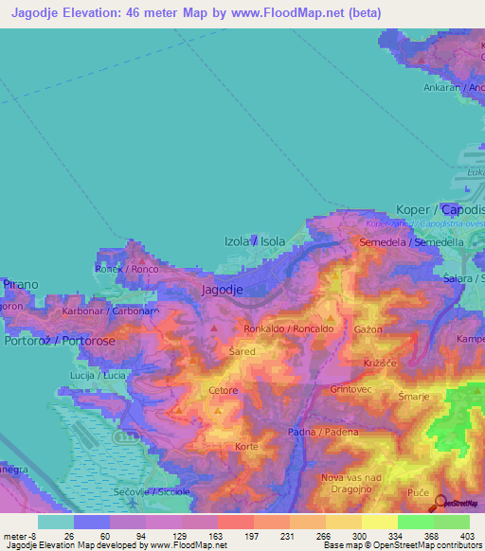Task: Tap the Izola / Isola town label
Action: click(x=253, y=241)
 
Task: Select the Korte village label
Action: click(x=246, y=445)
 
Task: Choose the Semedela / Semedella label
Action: click(x=411, y=242)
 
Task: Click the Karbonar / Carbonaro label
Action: click(x=110, y=311)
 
